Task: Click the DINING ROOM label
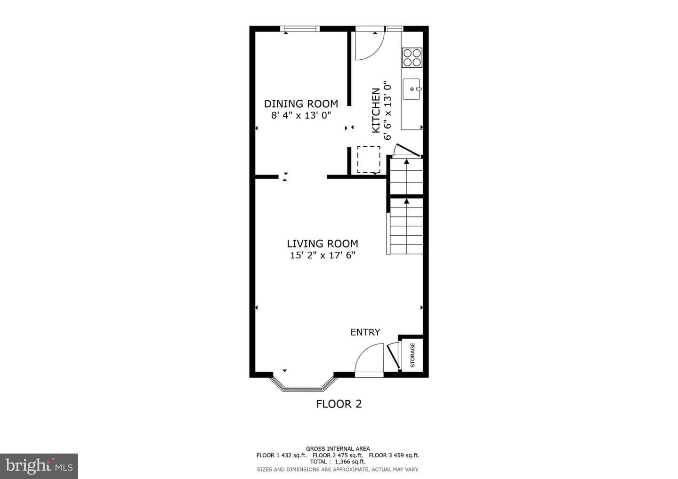coord(301,104)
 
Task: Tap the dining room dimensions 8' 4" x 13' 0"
coord(301,115)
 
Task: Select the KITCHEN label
coord(376,110)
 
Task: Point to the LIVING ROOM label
coord(323,243)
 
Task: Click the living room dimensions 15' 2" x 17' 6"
coord(323,255)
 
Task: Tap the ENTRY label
coord(365,332)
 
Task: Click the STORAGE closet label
coord(412,355)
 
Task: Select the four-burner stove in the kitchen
coord(412,57)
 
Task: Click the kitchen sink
coord(412,89)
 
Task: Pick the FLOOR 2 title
coord(339,404)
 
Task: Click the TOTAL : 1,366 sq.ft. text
coord(338,462)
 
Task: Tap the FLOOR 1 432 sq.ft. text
coord(282,455)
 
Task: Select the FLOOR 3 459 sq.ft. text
coord(394,455)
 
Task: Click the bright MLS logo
coord(39,466)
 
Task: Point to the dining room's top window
coord(300,29)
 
